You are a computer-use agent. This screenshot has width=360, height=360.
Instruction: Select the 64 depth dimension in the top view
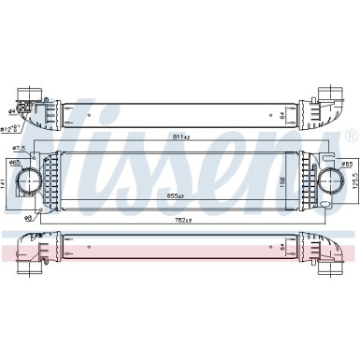tap(283, 116)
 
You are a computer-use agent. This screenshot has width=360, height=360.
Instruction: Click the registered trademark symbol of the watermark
tap(350, 137)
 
